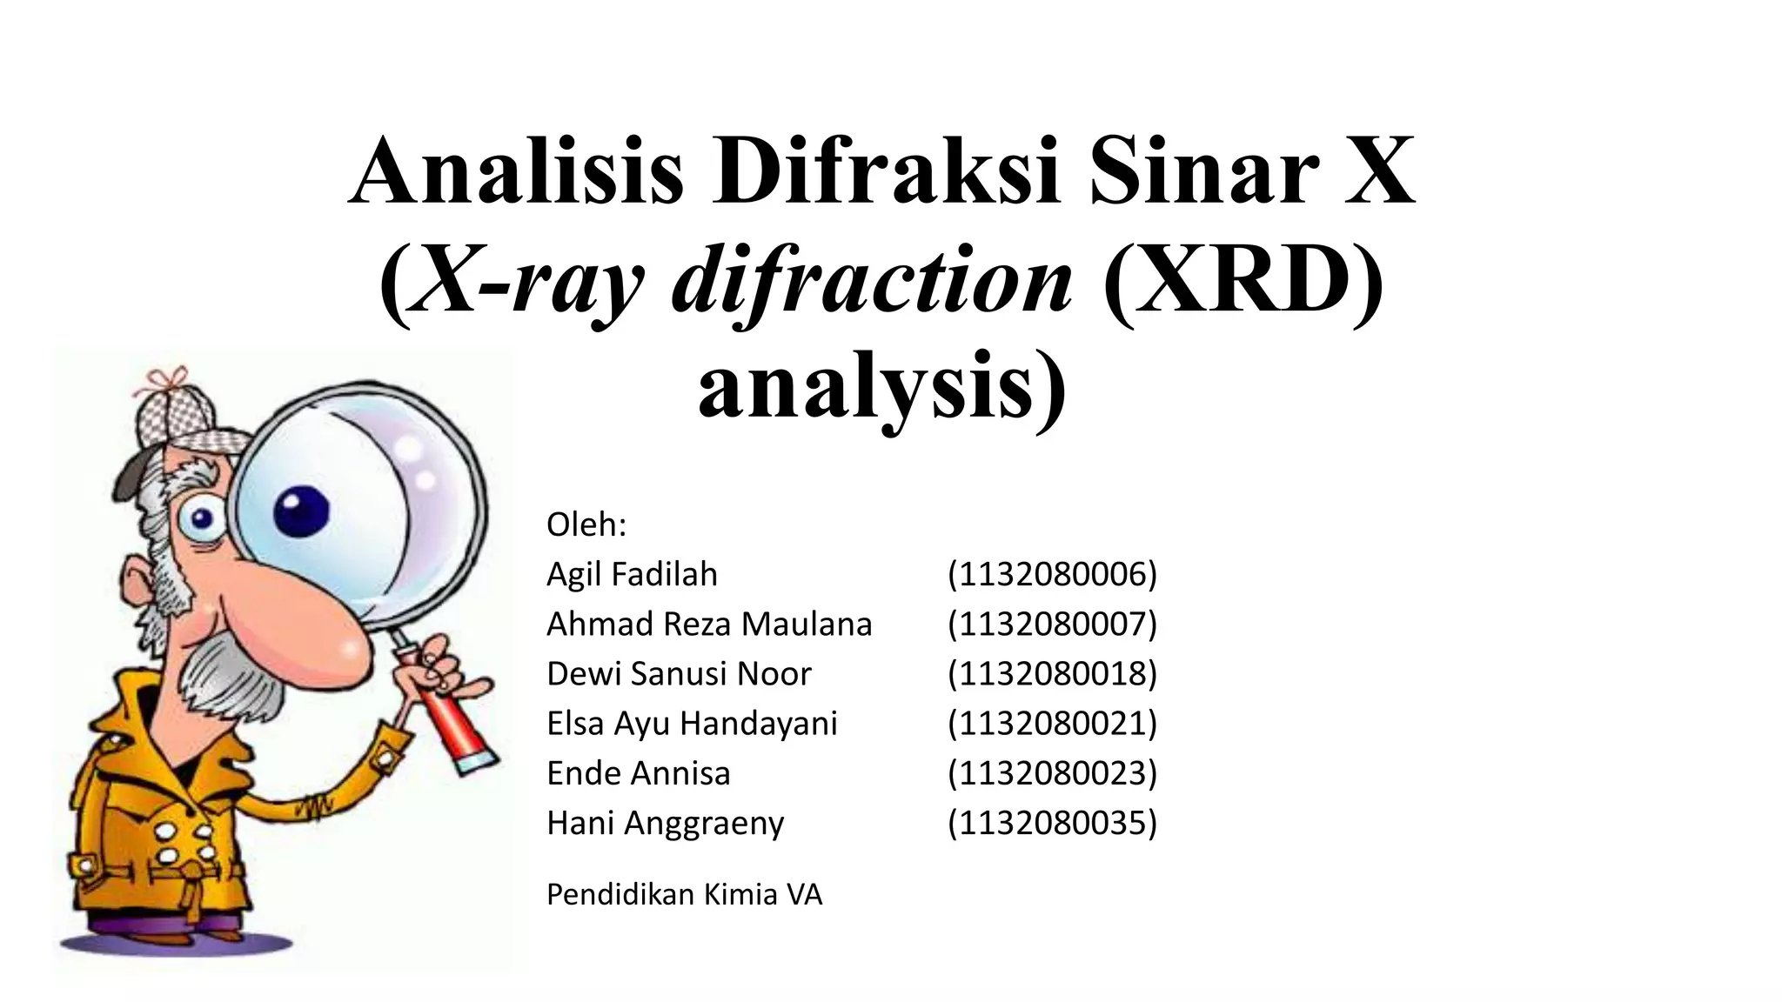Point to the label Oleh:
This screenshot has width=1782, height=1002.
pos(586,524)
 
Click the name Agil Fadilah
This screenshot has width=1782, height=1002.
pos(632,574)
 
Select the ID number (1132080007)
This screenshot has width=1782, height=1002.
pos(1052,624)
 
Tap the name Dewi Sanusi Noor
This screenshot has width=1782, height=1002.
pos(679,673)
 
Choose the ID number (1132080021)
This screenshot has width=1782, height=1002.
pos(1052,723)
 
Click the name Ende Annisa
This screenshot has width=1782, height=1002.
pos(638,772)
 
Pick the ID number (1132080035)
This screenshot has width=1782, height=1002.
pos(1052,822)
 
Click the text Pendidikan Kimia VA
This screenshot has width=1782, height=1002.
pos(684,894)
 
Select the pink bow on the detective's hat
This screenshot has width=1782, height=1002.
pos(166,379)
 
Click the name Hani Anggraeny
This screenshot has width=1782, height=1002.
pos(665,822)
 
